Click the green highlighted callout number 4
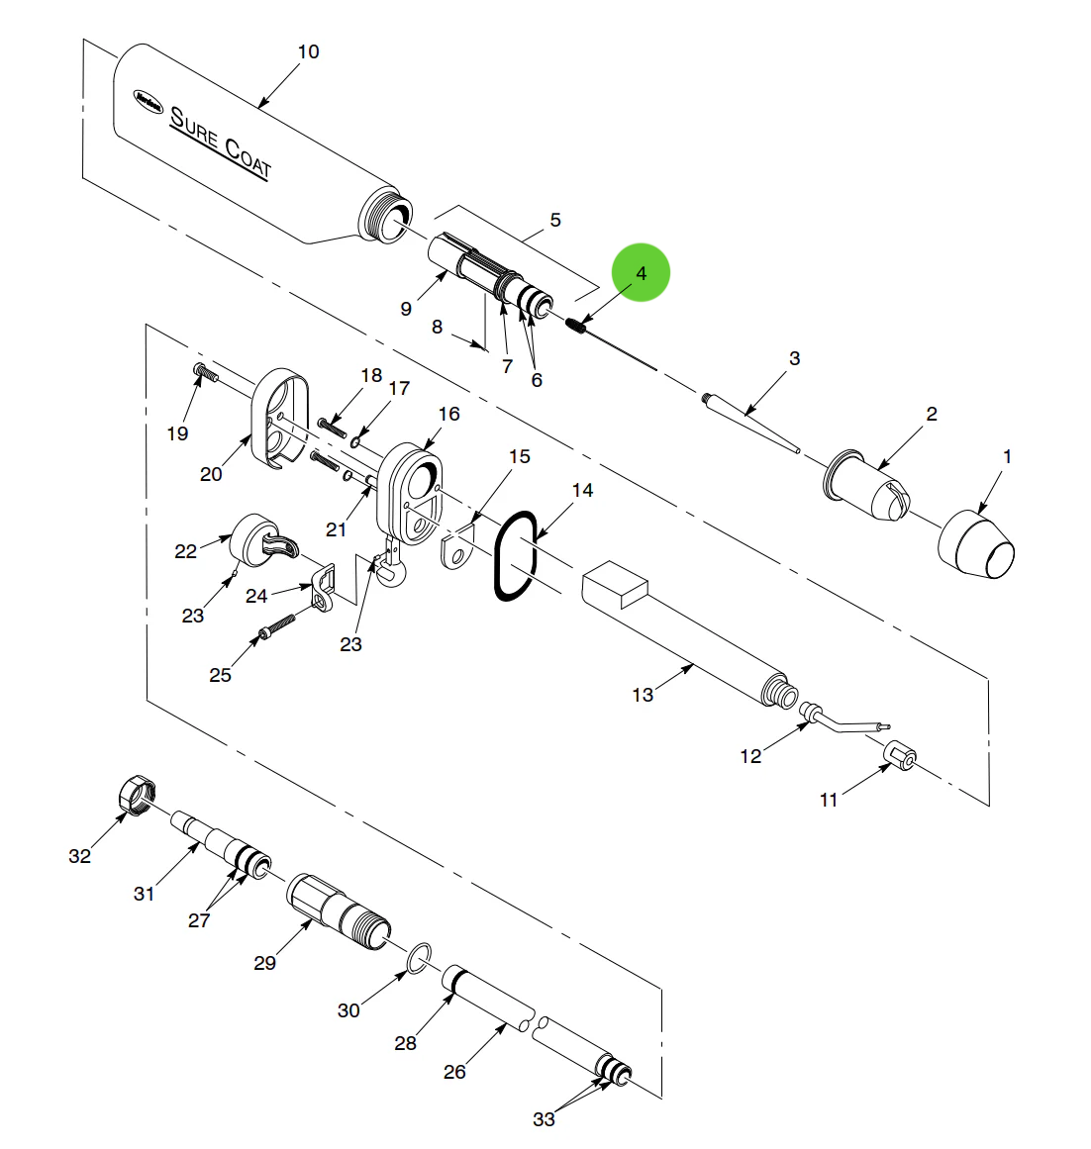[x=641, y=273]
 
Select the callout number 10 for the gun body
[x=309, y=51]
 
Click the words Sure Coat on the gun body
[x=219, y=143]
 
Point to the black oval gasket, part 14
[x=515, y=555]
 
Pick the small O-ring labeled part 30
[x=420, y=956]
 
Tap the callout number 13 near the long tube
[x=643, y=695]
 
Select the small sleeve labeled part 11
[x=899, y=757]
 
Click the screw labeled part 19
[x=204, y=372]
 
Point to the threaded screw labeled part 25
[x=278, y=626]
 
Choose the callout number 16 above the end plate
[x=449, y=414]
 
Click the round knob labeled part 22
[x=253, y=538]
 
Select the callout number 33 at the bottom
[x=544, y=1119]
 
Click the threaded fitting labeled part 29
[x=339, y=909]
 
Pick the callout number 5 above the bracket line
[x=555, y=220]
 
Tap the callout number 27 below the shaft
[x=199, y=920]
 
